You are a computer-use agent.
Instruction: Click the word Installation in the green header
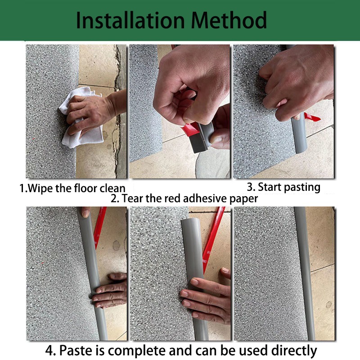(130, 20)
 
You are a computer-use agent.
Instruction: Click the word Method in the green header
(229, 20)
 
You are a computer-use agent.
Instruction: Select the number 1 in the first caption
(22, 189)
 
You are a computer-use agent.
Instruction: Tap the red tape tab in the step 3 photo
(312, 117)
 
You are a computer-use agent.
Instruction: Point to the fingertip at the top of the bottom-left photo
(85, 212)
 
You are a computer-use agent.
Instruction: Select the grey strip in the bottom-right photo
(305, 274)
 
